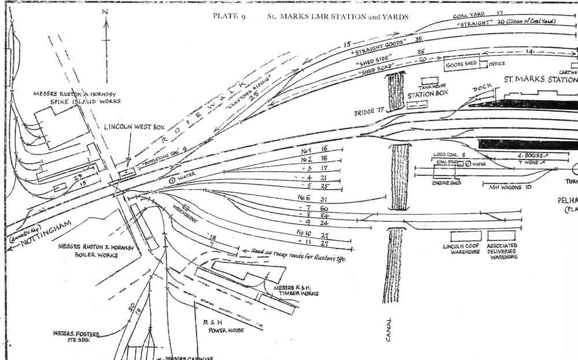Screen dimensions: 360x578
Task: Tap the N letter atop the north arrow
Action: tap(105, 11)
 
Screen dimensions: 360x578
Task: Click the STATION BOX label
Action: tap(429, 95)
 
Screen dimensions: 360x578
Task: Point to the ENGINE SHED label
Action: tap(446, 183)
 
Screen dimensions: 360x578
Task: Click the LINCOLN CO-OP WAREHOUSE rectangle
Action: tap(465, 236)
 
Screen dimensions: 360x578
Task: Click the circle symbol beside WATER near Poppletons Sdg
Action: tap(172, 180)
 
